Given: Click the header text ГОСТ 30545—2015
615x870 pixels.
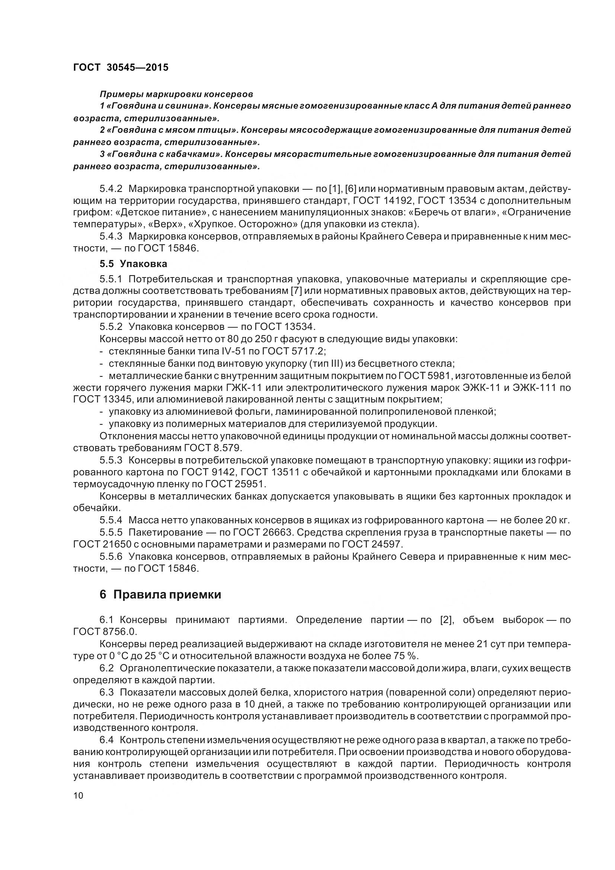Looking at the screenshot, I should click(121, 67).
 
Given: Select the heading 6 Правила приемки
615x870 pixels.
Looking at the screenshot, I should click(160, 595).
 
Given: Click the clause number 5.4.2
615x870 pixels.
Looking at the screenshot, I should click(111, 189).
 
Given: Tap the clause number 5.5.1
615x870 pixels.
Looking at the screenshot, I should click(111, 279).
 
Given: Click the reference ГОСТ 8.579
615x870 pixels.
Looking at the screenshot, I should click(212, 448).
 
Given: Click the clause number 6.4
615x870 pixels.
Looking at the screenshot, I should click(106, 740).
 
